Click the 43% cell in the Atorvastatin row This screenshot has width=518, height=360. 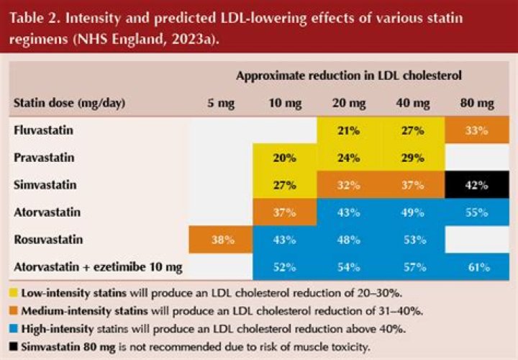coord(348,213)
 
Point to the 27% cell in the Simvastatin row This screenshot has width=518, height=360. coord(285,186)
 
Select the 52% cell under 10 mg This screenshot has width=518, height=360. coord(285,267)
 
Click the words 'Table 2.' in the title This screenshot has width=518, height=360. coord(33,17)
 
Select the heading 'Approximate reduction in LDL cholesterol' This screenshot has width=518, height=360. coord(348,75)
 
